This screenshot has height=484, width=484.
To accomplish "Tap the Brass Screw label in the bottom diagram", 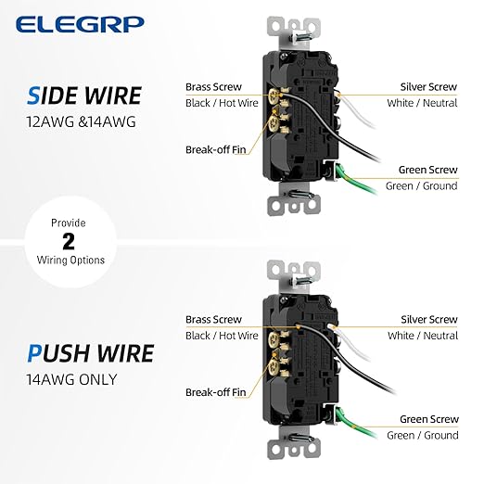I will [213, 319].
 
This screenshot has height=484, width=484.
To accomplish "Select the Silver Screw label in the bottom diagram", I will [428, 319].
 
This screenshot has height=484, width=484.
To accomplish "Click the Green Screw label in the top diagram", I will [427, 170].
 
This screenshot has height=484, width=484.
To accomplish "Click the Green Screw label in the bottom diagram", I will [427, 419].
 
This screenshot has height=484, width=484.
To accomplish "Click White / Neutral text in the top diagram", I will [422, 103].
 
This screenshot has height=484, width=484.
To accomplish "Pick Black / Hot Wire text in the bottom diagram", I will [222, 336].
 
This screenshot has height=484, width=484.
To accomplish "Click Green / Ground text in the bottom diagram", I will [422, 436].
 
